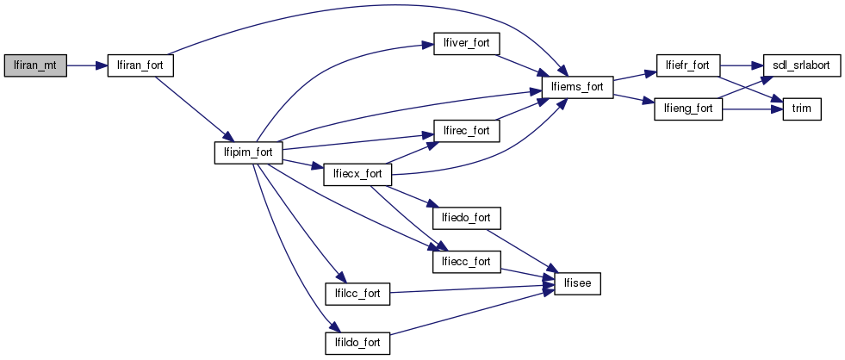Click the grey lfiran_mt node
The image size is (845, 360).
[x=35, y=65]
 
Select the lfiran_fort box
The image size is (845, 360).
[x=140, y=65]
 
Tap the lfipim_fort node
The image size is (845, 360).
[x=248, y=152]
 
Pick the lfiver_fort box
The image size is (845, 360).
[x=467, y=43]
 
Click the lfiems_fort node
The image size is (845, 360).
[x=576, y=87]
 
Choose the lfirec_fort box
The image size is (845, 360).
[x=467, y=131]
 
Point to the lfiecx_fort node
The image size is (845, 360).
[x=357, y=174]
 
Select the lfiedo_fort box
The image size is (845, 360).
[x=467, y=218]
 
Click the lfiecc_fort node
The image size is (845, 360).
[x=467, y=261]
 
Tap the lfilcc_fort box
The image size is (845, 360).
[x=357, y=294]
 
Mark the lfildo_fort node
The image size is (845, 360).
[x=357, y=343]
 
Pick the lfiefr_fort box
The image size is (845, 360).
[x=687, y=65]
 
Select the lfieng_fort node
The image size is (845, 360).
[x=687, y=109]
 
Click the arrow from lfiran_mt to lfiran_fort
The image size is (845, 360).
[x=86, y=65]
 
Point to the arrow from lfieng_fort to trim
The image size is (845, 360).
[x=749, y=109]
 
